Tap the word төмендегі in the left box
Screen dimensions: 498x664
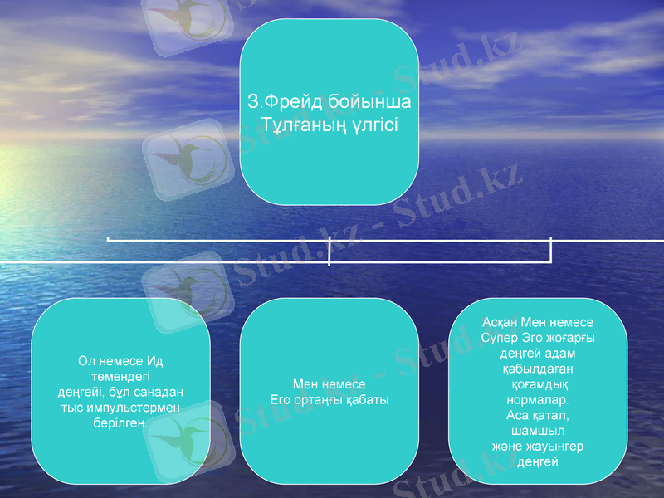click(x=120, y=376)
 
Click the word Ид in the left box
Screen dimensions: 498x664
click(x=156, y=361)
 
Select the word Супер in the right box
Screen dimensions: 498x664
click(x=496, y=338)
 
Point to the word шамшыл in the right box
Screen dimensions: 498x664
click(x=538, y=431)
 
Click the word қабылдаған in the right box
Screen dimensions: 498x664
click(x=537, y=369)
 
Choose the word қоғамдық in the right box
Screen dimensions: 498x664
click(x=538, y=384)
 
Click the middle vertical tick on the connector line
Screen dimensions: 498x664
click(x=330, y=251)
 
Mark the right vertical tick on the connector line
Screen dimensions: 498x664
click(x=550, y=249)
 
